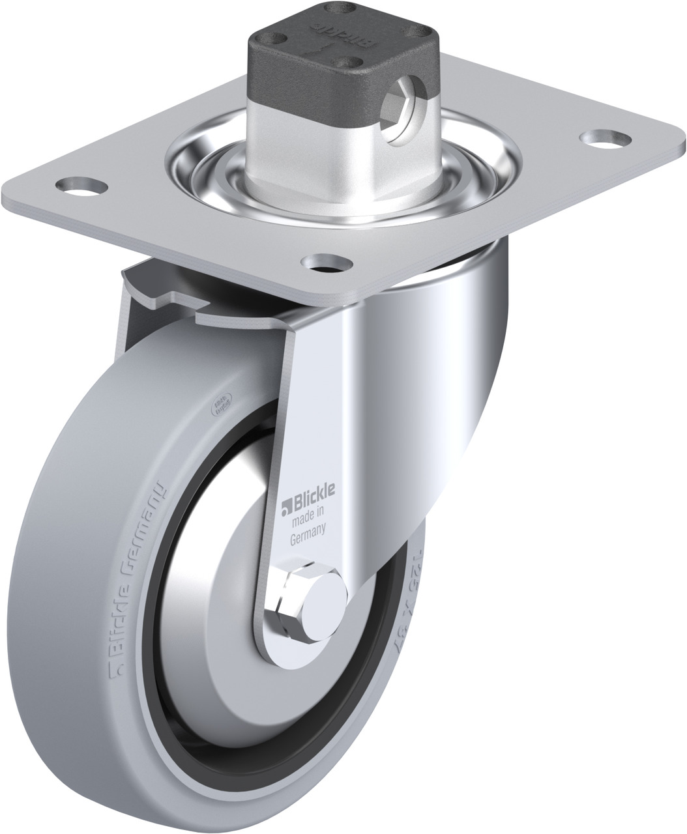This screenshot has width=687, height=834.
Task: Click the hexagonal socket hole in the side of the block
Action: (x=400, y=105)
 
